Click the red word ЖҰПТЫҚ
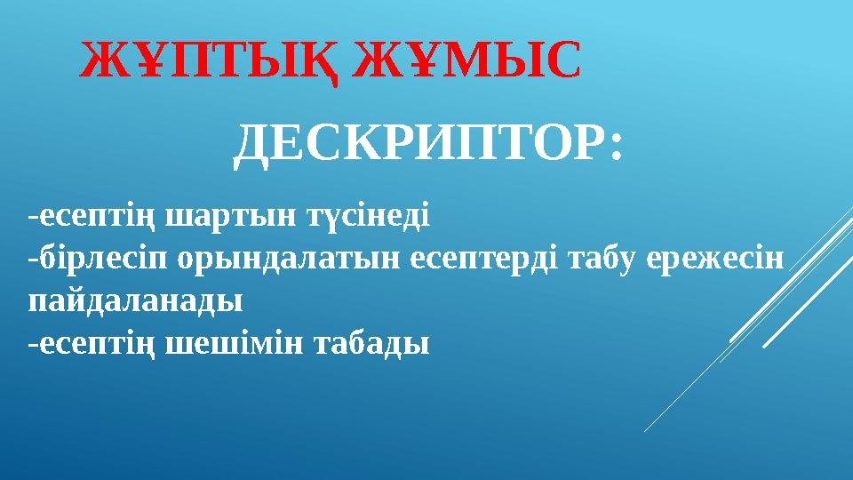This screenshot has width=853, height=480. tap(210, 61)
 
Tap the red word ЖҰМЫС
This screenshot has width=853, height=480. tap(467, 61)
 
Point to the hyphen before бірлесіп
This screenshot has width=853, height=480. tap(32, 260)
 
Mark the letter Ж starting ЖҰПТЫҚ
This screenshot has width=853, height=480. tap(100, 61)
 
